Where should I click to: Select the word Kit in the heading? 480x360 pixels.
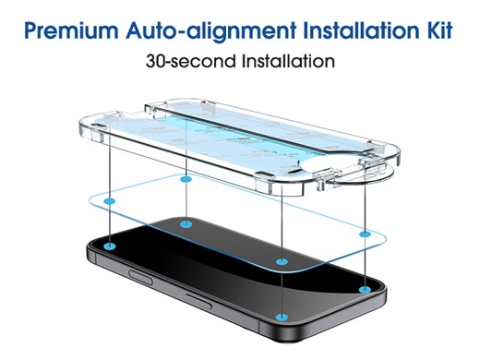(435, 30)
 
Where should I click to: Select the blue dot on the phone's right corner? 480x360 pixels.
(366, 289)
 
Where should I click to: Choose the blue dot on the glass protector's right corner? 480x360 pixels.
(366, 237)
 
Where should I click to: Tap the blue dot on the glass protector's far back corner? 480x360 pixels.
(186, 178)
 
